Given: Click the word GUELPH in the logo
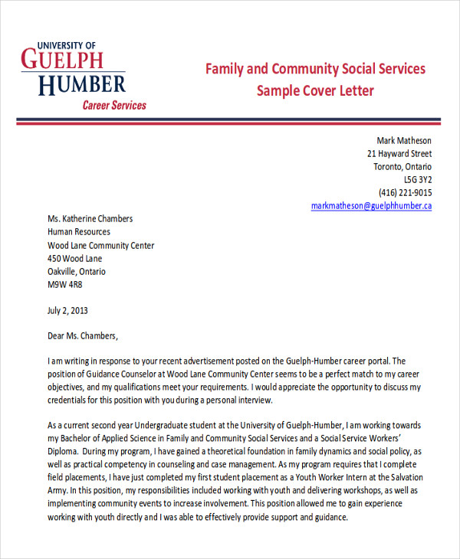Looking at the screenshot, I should coord(63,59).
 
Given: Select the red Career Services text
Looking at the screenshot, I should coord(114,105).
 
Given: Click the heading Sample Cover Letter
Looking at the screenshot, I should coord(315,91).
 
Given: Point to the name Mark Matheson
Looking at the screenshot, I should coord(404,140).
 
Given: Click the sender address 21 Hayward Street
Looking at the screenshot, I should coord(399,154).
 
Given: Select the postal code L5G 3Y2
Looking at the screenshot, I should coord(418,180).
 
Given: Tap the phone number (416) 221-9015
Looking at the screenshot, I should coord(406,193).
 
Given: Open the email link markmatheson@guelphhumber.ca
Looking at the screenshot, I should coord(372,206).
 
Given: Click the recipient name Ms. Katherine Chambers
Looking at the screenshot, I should coord(90,218).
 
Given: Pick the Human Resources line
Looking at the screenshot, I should coord(78,231).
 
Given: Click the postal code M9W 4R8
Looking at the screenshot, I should coord(64,284).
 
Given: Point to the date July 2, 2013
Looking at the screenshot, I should coord(68,311).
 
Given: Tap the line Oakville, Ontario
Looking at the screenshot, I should coord(77,271).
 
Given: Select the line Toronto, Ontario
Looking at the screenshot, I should coord(402,167).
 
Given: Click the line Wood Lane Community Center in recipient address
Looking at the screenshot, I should coord(100,245).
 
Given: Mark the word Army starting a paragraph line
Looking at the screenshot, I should coord(58,490).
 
